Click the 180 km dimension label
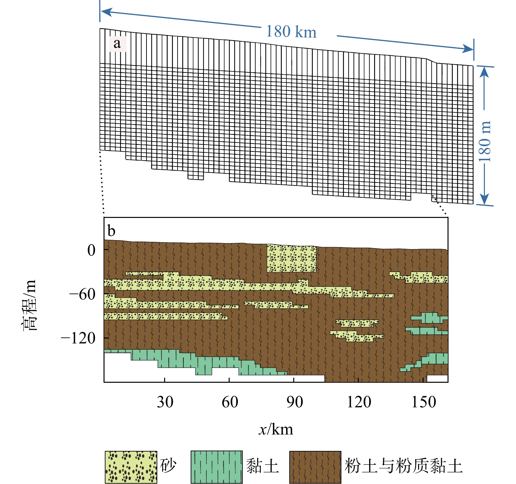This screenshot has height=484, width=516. pos(291,32)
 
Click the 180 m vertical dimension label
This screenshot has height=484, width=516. pos(485,141)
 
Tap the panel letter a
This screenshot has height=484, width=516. pos(117,44)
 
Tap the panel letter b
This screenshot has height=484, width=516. pos(111,231)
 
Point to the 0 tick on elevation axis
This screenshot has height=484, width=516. pos(91,250)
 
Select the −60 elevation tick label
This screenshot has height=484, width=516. pos(82,294)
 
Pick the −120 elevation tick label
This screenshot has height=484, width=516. pos(78,338)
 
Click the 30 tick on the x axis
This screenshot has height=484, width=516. pos(165,402)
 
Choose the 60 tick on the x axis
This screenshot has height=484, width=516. pos(230,402)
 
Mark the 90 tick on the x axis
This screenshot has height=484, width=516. pos(294,402)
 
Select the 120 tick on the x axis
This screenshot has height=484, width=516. pos(359,402)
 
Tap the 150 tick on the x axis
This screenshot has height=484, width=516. pos(424,402)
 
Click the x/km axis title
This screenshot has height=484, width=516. pos(276,429)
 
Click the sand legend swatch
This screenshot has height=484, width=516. pos(131,467)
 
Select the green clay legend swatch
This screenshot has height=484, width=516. pos(217,467)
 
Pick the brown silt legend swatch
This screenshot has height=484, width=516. pos(315,467)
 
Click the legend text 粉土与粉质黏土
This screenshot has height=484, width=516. pos(403,466)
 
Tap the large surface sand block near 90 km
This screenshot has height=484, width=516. pos(291,259)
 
